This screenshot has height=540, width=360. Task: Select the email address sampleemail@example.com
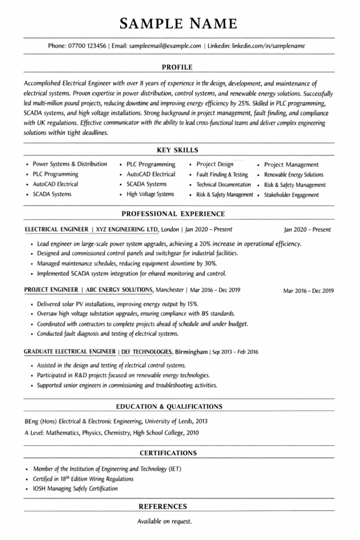click(166, 46)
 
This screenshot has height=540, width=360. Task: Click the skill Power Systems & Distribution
click(70, 164)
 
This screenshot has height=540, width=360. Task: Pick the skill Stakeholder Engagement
click(291, 195)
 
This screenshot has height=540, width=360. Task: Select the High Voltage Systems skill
click(150, 194)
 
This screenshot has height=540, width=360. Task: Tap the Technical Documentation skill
click(223, 185)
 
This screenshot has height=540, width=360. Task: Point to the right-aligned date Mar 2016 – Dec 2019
click(308, 291)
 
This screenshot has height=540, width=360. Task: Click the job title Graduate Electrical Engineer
click(70, 351)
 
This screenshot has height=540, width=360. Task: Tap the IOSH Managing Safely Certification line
click(75, 488)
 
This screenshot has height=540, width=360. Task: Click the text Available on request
click(164, 522)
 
